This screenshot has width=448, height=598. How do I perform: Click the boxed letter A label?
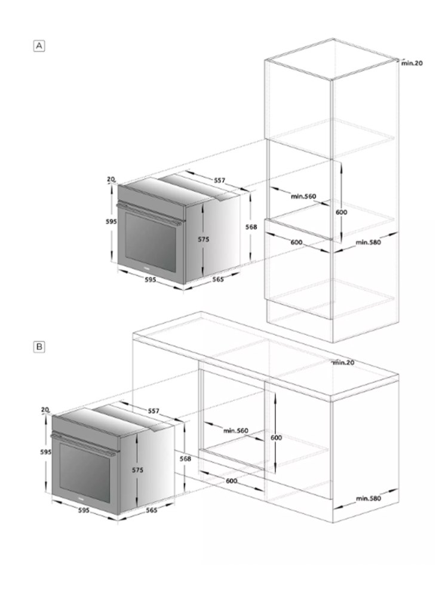coord(39,46)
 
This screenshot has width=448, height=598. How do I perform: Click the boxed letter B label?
coord(39,347)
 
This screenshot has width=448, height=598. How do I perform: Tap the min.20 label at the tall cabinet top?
coord(412,63)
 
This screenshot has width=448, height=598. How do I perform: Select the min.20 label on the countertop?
coord(343,363)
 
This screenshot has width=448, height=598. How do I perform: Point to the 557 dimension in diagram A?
coord(219,181)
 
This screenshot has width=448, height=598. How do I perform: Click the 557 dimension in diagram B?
coord(154,411)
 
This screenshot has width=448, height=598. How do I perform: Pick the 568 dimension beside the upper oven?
coord(251,227)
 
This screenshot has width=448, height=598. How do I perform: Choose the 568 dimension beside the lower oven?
coord(185,459)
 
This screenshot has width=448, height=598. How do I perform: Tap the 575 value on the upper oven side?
coord(204,240)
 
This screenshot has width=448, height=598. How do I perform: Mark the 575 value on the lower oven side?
coord(137,470)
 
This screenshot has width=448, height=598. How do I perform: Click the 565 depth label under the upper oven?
coord(218,279)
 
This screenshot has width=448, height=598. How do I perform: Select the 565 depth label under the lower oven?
coord(152,510)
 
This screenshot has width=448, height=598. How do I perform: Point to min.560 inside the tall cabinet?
coord(303,196)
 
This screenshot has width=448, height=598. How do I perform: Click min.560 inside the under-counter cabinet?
coord(236,431)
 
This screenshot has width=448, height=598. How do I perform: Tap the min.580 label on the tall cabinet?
coord(368,242)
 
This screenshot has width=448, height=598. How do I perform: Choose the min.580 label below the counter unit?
coord(369,499)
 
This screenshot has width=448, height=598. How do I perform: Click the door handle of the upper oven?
coord(149,215)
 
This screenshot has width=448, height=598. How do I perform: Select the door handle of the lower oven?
coord(83,445)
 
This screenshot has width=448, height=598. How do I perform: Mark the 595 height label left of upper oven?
coord(111,222)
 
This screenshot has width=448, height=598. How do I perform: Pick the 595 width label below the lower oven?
coord(84,510)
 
